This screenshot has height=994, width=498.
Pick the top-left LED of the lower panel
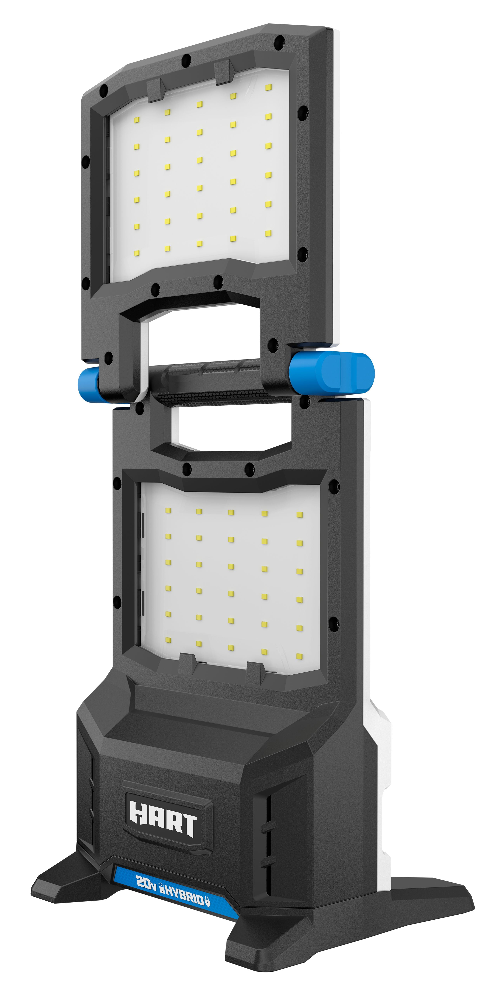click(168, 510)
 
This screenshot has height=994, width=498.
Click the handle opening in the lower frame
click(228, 428)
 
